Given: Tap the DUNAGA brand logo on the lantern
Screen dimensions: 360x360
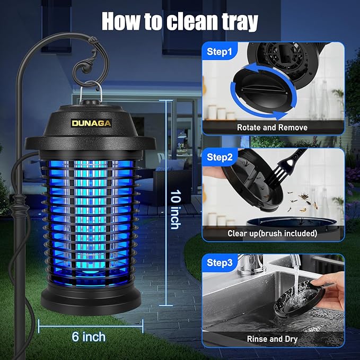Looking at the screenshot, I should coord(92,122).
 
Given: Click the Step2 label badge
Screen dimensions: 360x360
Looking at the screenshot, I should coord(219,157).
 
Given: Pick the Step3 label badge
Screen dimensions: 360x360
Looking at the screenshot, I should coord(219,262).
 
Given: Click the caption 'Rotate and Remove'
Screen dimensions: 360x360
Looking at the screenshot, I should coord(272,127).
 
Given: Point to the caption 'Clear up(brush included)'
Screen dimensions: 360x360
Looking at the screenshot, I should coord(272,233).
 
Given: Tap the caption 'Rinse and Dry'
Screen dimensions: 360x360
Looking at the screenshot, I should coord(272,338).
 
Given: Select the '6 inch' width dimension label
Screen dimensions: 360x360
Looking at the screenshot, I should coord(88,336).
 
